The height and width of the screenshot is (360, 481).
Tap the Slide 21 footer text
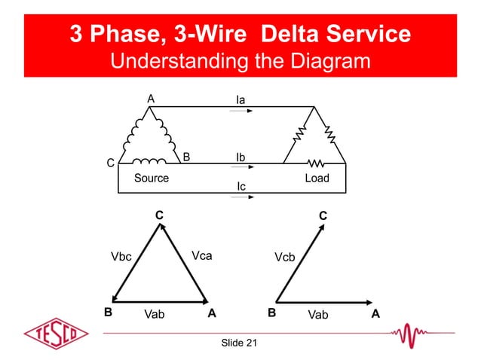click(239, 343)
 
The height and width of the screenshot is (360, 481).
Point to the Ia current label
click(240, 99)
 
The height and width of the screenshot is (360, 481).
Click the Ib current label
click(240, 157)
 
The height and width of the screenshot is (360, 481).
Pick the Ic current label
click(240, 186)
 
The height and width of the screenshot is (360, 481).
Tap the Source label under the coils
click(151, 178)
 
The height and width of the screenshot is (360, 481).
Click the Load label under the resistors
click(316, 178)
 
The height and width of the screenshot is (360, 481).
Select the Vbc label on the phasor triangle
click(121, 257)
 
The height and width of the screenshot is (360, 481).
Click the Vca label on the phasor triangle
click(201, 256)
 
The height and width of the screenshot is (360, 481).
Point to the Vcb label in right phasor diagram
click(284, 257)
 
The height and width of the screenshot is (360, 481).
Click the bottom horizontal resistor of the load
click(315, 162)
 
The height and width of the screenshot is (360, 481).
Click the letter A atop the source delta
click(151, 99)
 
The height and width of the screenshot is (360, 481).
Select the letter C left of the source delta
click(111, 163)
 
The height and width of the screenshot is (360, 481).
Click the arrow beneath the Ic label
click(241, 198)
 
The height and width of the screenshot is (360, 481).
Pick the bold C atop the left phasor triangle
click(159, 215)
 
